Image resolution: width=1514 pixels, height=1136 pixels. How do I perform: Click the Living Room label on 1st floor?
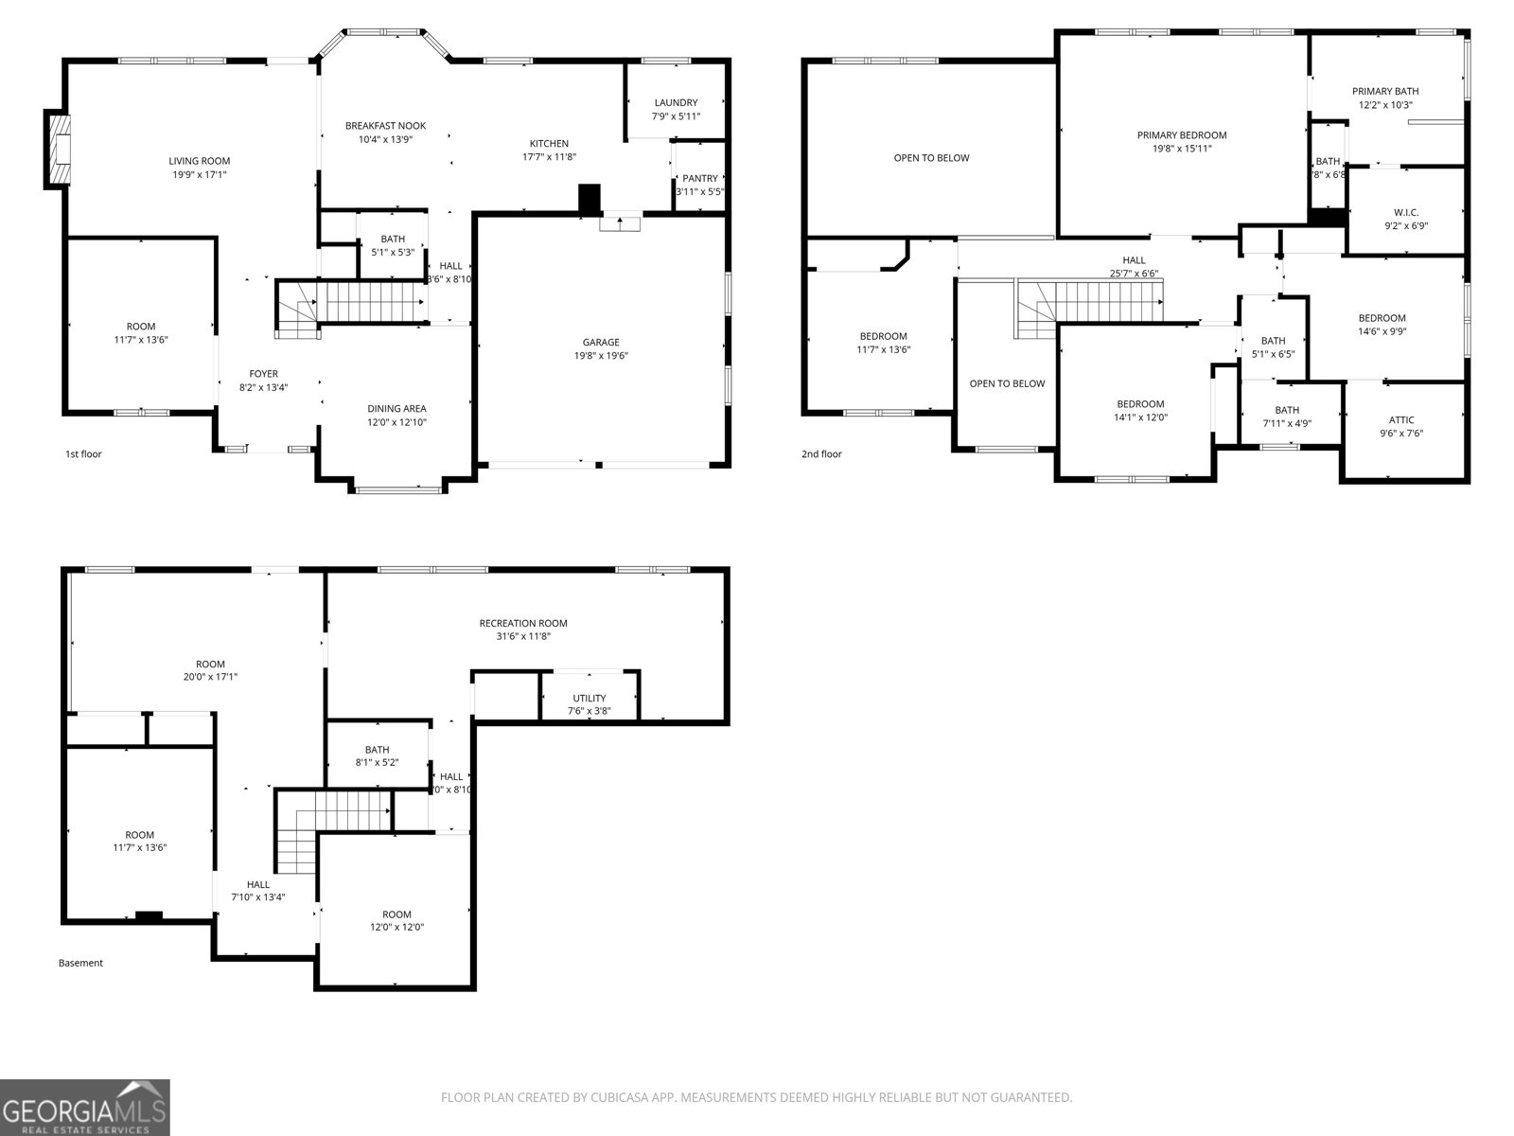pos(199,161)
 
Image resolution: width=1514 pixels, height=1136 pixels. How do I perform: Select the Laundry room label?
pos(676,102)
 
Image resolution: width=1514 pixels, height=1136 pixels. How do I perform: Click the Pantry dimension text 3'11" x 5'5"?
pos(699,191)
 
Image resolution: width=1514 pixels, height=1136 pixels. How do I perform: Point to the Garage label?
pos(601,343)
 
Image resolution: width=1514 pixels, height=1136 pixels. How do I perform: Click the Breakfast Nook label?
pos(385,125)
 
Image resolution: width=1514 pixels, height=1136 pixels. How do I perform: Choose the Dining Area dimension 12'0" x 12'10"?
pos(396,422)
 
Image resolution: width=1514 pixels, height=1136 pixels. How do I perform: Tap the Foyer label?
pos(263,374)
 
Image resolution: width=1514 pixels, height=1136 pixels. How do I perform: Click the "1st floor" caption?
pos(83,454)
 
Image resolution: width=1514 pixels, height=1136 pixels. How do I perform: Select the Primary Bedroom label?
pos(1182,135)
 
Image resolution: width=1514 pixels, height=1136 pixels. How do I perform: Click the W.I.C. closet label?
pos(1406,212)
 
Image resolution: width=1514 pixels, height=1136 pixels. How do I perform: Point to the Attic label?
pos(1401,419)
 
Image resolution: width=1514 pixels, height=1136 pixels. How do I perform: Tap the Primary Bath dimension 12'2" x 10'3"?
pos(1385,105)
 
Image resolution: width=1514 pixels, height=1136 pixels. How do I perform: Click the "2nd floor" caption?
pos(821,454)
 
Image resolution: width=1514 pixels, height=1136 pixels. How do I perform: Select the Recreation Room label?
pos(523,623)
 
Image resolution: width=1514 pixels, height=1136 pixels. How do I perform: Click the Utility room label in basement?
pos(590,698)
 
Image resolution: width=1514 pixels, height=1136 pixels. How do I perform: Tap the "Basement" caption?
pos(80,963)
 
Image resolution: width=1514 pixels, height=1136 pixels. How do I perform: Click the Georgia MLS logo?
pos(85,1108)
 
